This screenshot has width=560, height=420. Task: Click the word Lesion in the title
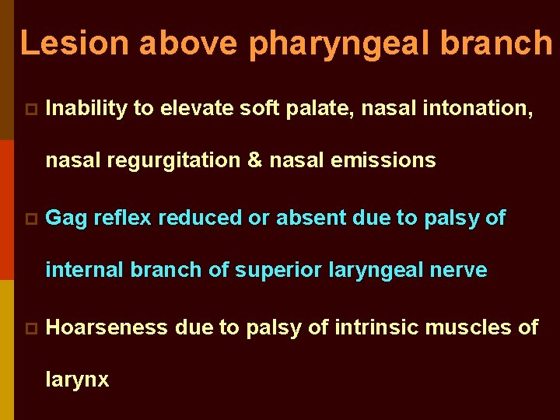coord(75,43)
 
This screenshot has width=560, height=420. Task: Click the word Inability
coord(86,109)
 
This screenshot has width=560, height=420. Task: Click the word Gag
coord(66,219)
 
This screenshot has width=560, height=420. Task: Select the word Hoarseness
coord(107,327)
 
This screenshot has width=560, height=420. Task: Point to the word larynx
coord(78,381)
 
